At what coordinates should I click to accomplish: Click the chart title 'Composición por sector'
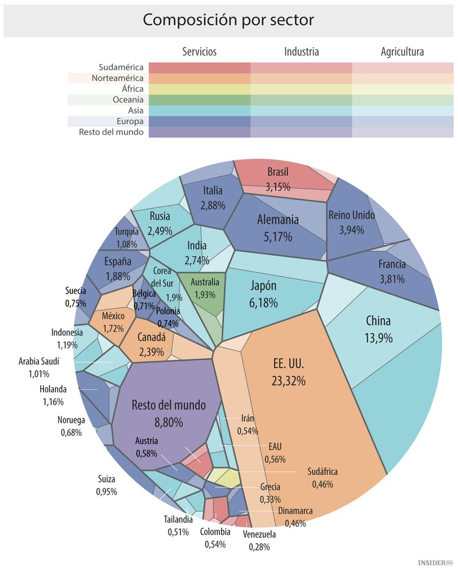pos(228,20)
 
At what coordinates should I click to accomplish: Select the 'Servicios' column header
pos(199,52)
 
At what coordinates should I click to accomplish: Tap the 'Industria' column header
pos(301,52)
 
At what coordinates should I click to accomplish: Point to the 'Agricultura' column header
pos(402,52)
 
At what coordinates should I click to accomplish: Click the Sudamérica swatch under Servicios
pos(199,67)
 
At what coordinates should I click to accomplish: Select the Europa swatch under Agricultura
pos(402,121)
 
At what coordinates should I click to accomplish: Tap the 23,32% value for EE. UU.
pos(288,381)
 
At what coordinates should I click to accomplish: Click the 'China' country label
pos(378,321)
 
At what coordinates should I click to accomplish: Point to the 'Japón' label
pos(264,286)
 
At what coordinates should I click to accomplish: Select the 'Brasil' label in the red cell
pos(277,171)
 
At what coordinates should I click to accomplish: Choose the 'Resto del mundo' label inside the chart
pos(169,405)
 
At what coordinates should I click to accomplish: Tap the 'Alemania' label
pos(277,220)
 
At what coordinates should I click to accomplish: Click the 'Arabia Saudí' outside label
pos(38,362)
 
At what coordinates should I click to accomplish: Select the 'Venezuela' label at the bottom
pos(259,535)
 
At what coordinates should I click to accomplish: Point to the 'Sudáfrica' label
pos(322,472)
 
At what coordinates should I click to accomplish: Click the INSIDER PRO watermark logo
pos(435,561)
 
